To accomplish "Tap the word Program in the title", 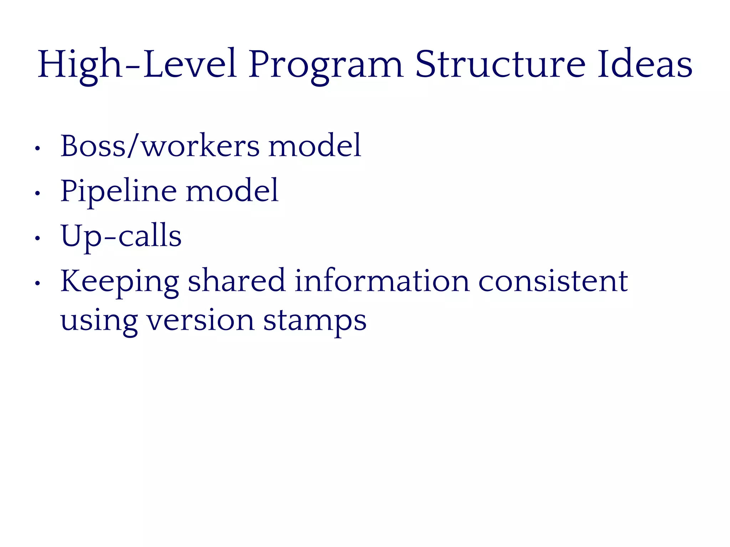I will coord(325,65).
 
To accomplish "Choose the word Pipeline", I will coord(118,191).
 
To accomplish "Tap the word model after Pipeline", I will coord(232,191).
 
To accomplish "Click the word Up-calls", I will coord(121,236).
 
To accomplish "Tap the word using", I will coord(99,321).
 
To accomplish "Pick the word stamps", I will coord(315,321).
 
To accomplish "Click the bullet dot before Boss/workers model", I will coord(37,148).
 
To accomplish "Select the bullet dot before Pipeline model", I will coord(37,194).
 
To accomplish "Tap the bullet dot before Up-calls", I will coord(37,239).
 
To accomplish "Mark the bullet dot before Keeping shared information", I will coord(37,284).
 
